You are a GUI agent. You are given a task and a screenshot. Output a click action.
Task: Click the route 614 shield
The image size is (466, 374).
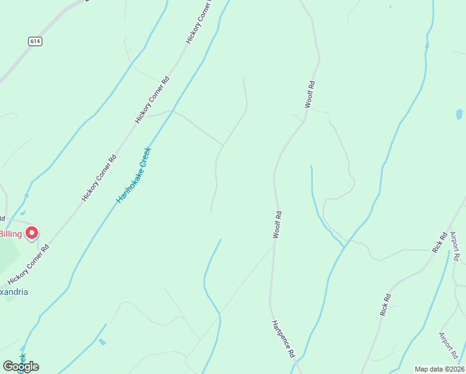(35, 41)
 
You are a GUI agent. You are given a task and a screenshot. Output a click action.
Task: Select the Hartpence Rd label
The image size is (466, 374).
(283, 339)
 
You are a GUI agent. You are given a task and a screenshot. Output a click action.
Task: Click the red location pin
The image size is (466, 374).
(31, 233)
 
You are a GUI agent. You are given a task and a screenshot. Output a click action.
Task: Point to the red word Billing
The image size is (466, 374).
(11, 234)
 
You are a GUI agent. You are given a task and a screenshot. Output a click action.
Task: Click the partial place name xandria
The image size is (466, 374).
(14, 292)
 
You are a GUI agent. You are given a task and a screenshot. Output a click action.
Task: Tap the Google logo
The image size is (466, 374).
(21, 366)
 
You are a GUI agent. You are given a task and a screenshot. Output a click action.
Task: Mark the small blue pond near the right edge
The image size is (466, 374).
(459, 114)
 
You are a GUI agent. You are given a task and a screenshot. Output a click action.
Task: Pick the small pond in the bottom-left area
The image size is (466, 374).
(102, 342)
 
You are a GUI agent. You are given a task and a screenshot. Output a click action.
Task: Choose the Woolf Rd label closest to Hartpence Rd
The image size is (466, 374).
(277, 225)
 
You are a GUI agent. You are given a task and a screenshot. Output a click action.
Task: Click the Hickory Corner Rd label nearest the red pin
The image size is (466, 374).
(28, 264)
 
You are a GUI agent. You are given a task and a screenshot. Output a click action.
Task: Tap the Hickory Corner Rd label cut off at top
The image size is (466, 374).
(199, 22)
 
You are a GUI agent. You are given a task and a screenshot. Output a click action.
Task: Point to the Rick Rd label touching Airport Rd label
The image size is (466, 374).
(440, 242)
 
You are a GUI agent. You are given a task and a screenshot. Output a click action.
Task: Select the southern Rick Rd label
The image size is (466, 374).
(386, 304)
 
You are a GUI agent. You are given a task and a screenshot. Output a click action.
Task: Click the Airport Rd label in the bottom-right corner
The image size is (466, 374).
(448, 345)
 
